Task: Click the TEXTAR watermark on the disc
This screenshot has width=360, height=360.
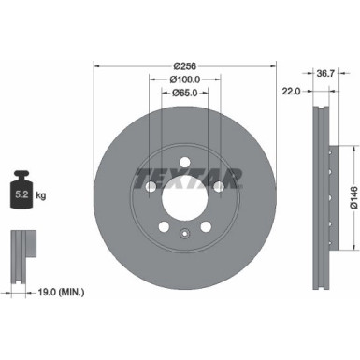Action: pyautogui.click(x=186, y=177)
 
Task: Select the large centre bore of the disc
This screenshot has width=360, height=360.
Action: pyautogui.click(x=185, y=199)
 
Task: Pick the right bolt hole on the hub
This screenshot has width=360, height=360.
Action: pyautogui.click(x=221, y=188)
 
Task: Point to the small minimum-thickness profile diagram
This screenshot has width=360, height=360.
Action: pyautogui.click(x=22, y=253)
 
